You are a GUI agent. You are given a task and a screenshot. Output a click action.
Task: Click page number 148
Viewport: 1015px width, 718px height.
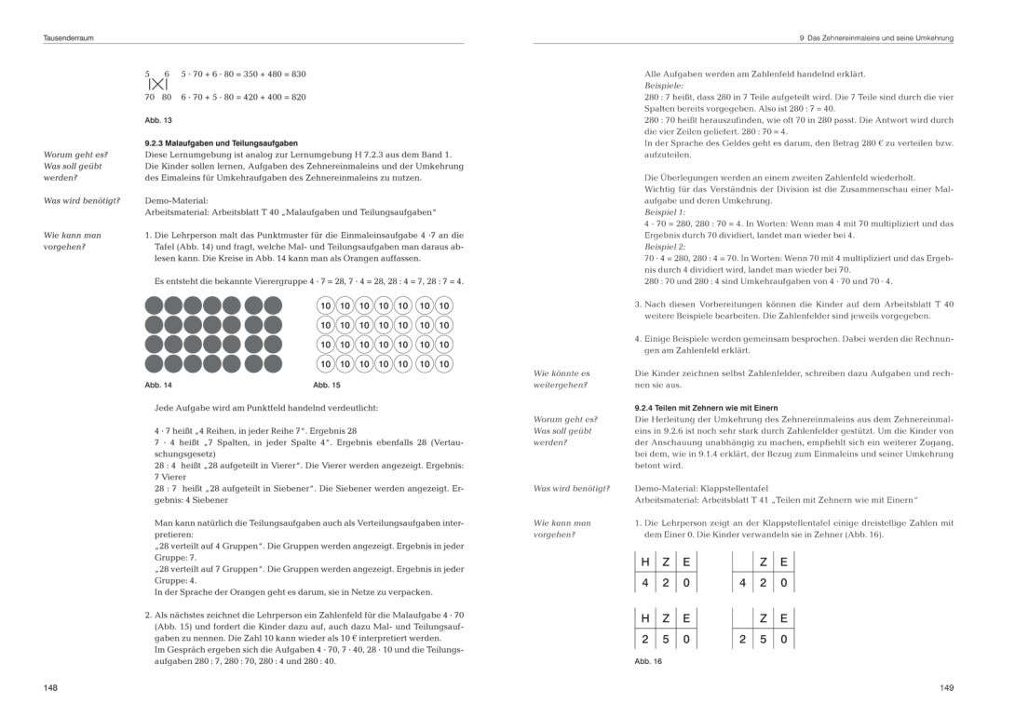(50, 687)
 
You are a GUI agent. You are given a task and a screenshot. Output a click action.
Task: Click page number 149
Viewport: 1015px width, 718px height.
(946, 687)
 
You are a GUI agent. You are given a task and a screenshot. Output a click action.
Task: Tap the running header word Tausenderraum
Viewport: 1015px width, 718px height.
(70, 38)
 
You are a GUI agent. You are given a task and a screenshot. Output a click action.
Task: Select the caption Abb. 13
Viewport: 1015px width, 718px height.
(158, 120)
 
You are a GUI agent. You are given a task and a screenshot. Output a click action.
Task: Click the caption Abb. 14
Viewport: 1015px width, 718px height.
(158, 385)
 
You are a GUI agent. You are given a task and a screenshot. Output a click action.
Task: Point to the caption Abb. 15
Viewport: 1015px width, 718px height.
(326, 385)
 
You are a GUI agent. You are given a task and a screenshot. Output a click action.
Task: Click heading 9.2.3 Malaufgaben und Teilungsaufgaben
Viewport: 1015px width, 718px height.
(222, 142)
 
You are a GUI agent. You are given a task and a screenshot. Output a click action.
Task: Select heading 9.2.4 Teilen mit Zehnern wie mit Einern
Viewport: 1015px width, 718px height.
(705, 408)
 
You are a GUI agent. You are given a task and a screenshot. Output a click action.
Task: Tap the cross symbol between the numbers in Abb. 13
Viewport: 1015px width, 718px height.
(157, 85)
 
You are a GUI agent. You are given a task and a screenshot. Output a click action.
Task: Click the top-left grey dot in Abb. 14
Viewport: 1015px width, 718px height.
(156, 305)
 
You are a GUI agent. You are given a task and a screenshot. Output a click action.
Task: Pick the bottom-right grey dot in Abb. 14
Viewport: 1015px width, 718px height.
(273, 363)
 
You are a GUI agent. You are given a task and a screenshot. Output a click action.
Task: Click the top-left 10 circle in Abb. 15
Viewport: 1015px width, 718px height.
(326, 305)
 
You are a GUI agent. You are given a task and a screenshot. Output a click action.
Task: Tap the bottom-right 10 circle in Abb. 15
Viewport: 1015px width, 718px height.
(444, 363)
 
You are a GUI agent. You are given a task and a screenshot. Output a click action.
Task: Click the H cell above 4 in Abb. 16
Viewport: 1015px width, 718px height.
(644, 562)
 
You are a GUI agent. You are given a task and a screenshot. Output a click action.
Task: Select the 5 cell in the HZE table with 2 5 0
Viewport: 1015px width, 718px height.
(666, 640)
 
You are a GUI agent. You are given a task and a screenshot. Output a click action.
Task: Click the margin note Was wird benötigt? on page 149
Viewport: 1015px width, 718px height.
(572, 488)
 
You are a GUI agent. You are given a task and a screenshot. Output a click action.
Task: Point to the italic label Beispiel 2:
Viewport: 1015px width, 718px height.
(663, 246)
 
